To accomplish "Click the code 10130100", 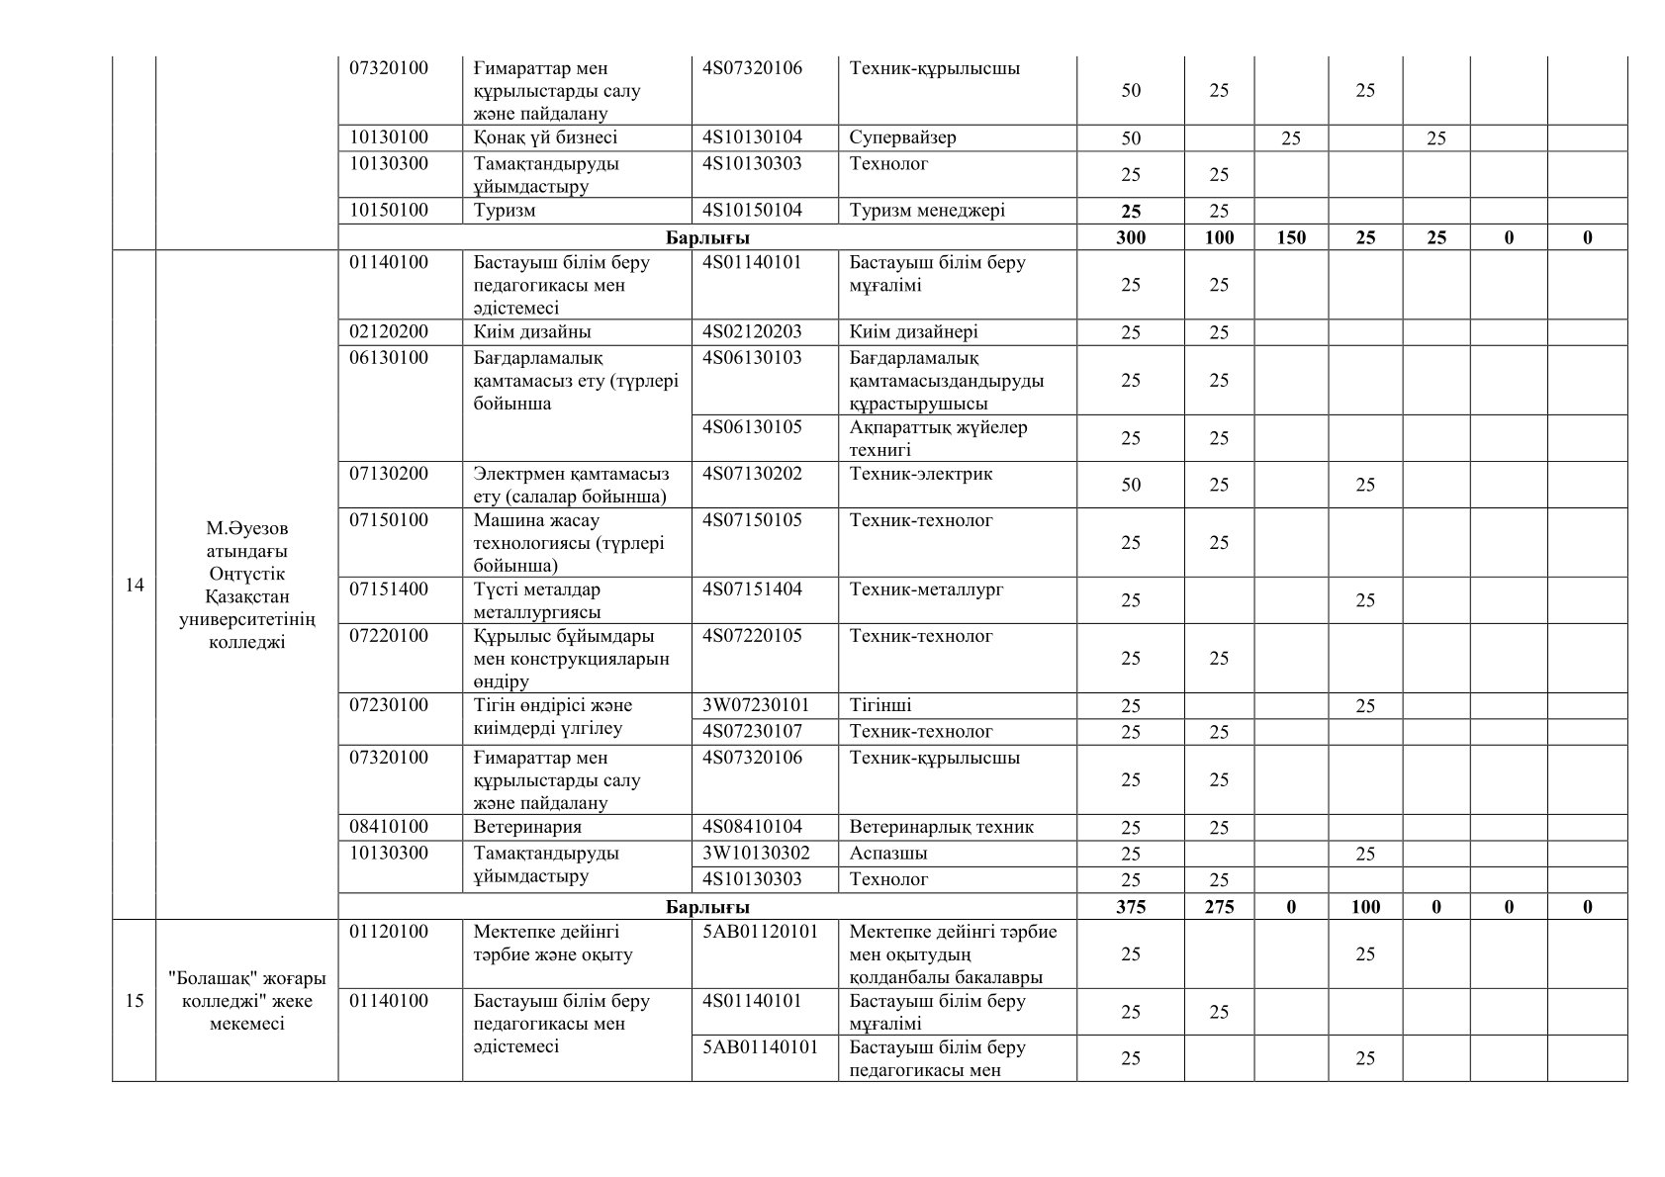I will pyautogui.click(x=389, y=137).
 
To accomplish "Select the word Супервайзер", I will pyautogui.click(x=902, y=137).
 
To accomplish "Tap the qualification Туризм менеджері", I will pyautogui.click(x=927, y=210).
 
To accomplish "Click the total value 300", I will pyautogui.click(x=1130, y=237).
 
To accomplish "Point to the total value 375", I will pyautogui.click(x=1130, y=906).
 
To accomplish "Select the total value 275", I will pyautogui.click(x=1219, y=906).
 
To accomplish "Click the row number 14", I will pyautogui.click(x=135, y=586).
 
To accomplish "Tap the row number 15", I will pyautogui.click(x=135, y=1001).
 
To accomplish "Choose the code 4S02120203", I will pyautogui.click(x=752, y=331).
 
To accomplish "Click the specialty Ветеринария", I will pyautogui.click(x=527, y=827).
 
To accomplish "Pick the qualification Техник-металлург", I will pyautogui.click(x=926, y=589).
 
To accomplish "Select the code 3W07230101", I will pyautogui.click(x=756, y=705).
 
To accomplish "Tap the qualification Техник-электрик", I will pyautogui.click(x=921, y=474).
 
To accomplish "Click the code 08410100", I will pyautogui.click(x=389, y=827).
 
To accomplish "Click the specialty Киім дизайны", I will pyautogui.click(x=532, y=331).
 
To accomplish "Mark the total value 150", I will pyautogui.click(x=1291, y=237).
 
